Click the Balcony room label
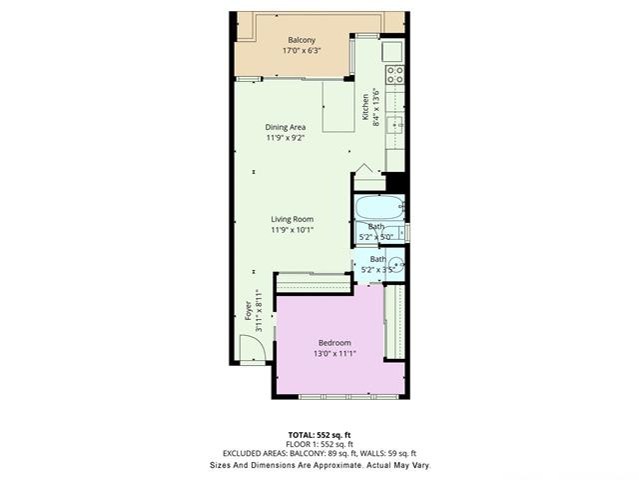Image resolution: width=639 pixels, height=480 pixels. click(302, 40)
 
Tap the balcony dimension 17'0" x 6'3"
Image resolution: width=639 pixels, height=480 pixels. click(302, 51)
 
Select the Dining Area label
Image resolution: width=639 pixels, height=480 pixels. click(286, 127)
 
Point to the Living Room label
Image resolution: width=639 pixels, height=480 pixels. click(293, 219)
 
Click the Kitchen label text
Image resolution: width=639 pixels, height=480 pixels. click(365, 107)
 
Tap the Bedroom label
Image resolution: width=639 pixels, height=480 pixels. click(334, 343)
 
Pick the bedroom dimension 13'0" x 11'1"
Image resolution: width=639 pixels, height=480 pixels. click(335, 353)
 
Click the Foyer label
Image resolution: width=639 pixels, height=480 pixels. click(249, 311)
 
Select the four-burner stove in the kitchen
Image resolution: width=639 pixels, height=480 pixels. click(395, 74)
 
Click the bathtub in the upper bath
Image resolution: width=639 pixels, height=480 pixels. click(379, 208)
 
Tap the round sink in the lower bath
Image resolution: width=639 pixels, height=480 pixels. click(395, 264)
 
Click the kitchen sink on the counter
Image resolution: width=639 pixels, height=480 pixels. click(394, 125)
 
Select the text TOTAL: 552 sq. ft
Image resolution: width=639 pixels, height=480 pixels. click(319, 435)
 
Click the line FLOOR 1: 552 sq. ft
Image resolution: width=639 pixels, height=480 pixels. click(319, 444)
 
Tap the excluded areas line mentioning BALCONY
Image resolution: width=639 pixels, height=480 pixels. click(319, 453)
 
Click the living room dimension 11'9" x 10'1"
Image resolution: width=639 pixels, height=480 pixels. click(293, 230)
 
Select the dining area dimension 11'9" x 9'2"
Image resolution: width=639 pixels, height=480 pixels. click(286, 138)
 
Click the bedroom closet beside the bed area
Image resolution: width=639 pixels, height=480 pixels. click(394, 322)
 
